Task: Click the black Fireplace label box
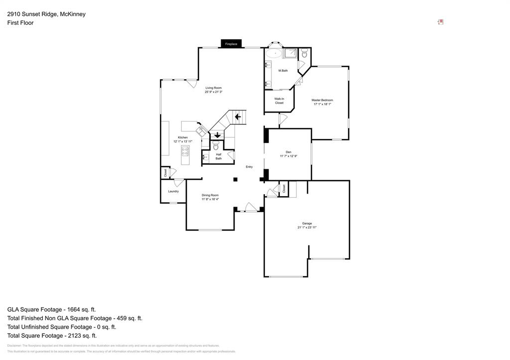coord(231,44)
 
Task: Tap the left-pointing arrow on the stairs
coord(238,117)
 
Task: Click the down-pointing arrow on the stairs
coord(218,135)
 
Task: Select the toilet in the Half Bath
coord(216,146)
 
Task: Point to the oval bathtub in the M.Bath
coord(273,53)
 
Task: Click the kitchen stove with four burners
coord(185,151)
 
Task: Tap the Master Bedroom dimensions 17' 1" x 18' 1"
coord(322,105)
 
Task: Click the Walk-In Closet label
coord(279,101)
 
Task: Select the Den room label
coord(288,152)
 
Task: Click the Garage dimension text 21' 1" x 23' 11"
coord(307,227)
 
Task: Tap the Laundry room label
coord(173,191)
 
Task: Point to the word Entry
coord(249,167)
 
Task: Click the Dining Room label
coord(210,195)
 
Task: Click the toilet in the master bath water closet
coord(304,54)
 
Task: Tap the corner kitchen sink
coord(202,131)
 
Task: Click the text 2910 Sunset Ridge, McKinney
coord(46,14)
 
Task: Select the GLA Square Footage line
coord(51,309)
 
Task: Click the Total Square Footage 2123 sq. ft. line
coord(52,336)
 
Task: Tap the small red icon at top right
coord(440,22)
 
